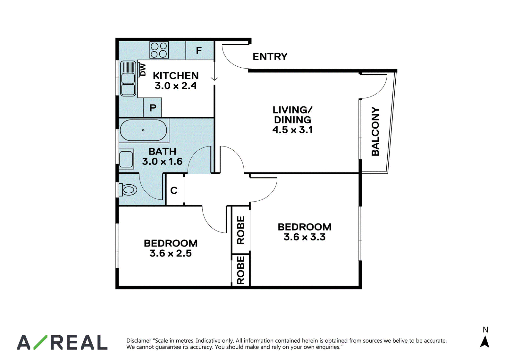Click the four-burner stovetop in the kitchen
(x=159, y=50)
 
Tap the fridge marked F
(x=199, y=50)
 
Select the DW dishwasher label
(x=143, y=70)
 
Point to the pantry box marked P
(x=153, y=107)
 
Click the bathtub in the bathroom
(x=143, y=130)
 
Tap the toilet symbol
(x=128, y=190)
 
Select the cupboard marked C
(x=174, y=190)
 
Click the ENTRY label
(x=270, y=56)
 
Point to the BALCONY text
(x=375, y=131)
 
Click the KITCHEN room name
(x=176, y=76)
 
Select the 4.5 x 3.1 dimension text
(x=292, y=130)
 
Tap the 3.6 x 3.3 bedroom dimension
(x=304, y=237)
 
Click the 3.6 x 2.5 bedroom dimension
(x=171, y=253)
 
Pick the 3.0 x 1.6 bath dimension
(x=162, y=162)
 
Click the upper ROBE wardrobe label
(x=241, y=230)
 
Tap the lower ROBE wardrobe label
(x=241, y=270)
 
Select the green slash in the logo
(x=40, y=342)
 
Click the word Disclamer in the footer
(x=139, y=340)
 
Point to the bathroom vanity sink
(x=126, y=159)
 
